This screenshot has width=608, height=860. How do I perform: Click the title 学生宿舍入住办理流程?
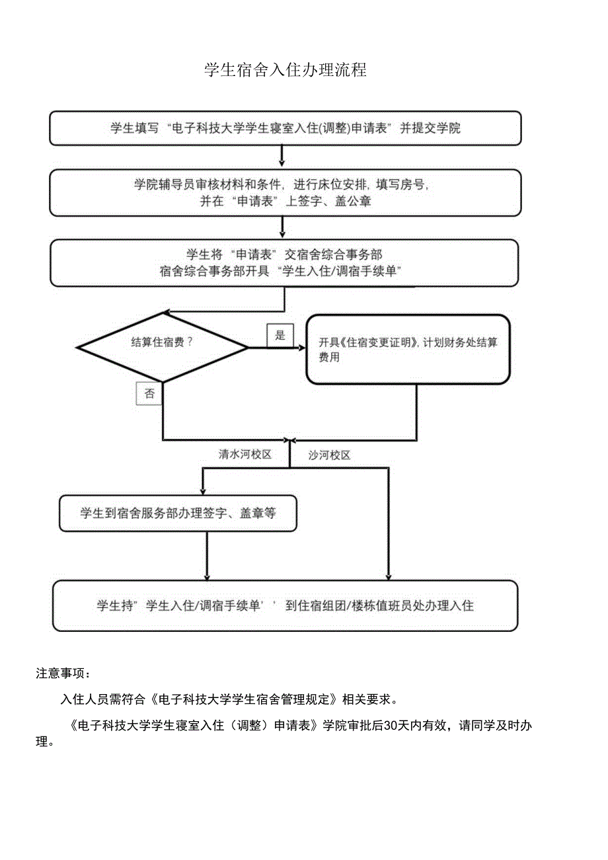pyautogui.click(x=285, y=71)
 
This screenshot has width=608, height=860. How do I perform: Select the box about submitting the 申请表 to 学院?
pyautogui.click(x=285, y=128)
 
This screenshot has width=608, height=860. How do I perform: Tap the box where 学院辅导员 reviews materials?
pyautogui.click(x=285, y=193)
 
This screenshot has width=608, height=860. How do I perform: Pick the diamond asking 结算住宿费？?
pyautogui.click(x=163, y=346)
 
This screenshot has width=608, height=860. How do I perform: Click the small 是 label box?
pyautogui.click(x=280, y=335)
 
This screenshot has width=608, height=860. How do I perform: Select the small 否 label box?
pyautogui.click(x=149, y=394)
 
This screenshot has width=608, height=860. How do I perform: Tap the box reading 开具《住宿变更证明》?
pyautogui.click(x=408, y=349)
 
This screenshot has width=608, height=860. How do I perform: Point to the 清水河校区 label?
pyautogui.click(x=245, y=455)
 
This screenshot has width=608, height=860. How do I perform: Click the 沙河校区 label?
pyautogui.click(x=329, y=455)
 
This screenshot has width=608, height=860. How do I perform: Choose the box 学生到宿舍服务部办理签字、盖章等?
pyautogui.click(x=178, y=513)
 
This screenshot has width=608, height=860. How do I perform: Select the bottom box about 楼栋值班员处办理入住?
pyautogui.click(x=285, y=606)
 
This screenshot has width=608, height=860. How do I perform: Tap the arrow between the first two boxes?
pyautogui.click(x=282, y=157)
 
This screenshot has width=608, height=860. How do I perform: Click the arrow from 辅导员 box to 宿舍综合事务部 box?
pyautogui.click(x=283, y=227)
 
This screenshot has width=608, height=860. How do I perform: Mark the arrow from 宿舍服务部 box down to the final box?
pyautogui.click(x=207, y=556)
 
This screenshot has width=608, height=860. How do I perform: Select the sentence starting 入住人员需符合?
pyautogui.click(x=229, y=699)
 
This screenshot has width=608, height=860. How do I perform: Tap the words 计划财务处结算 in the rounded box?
pyautogui.click(x=462, y=342)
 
